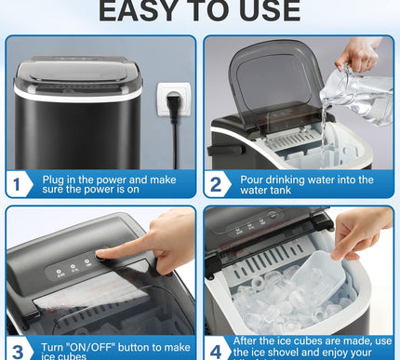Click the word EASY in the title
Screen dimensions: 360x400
(x=140, y=11)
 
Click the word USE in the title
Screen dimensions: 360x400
(x=266, y=11)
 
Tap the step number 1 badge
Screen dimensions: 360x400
(x=19, y=184)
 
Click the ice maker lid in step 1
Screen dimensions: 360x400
(x=79, y=69)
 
